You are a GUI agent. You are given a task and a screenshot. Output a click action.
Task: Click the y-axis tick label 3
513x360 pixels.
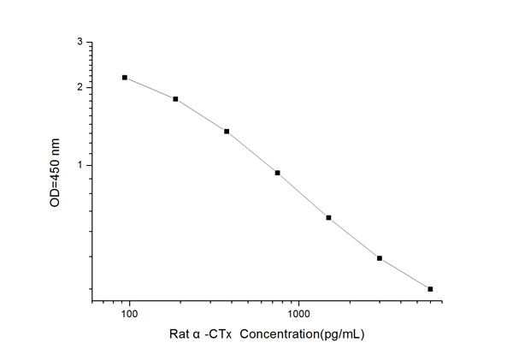[x=80, y=41]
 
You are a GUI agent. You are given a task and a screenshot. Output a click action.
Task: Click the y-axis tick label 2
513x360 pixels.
[x=80, y=87]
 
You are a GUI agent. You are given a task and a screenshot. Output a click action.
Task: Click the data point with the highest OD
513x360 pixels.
[x=125, y=78]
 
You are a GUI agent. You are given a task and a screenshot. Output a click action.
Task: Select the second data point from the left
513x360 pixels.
[x=175, y=99]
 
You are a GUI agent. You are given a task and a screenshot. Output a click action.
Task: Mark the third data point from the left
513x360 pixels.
[x=227, y=131]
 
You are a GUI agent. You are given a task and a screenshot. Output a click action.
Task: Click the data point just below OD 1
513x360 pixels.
[x=278, y=173]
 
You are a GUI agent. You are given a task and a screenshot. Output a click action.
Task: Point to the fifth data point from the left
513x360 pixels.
[x=328, y=217]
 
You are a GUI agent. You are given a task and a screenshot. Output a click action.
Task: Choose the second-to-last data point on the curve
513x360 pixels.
[x=380, y=258]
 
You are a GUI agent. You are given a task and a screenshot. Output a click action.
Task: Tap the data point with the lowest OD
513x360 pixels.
[x=430, y=289]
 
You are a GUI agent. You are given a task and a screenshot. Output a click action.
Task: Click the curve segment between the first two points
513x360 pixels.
[x=150, y=88]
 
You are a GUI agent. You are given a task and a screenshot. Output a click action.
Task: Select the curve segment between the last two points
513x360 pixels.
[x=405, y=274]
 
